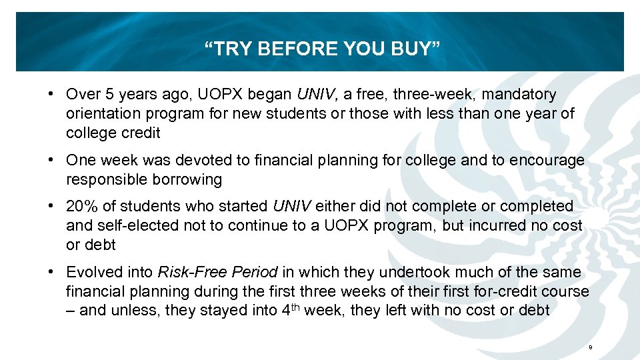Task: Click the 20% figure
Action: (80, 207)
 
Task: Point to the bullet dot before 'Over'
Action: (51, 95)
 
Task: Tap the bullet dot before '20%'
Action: (51, 207)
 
